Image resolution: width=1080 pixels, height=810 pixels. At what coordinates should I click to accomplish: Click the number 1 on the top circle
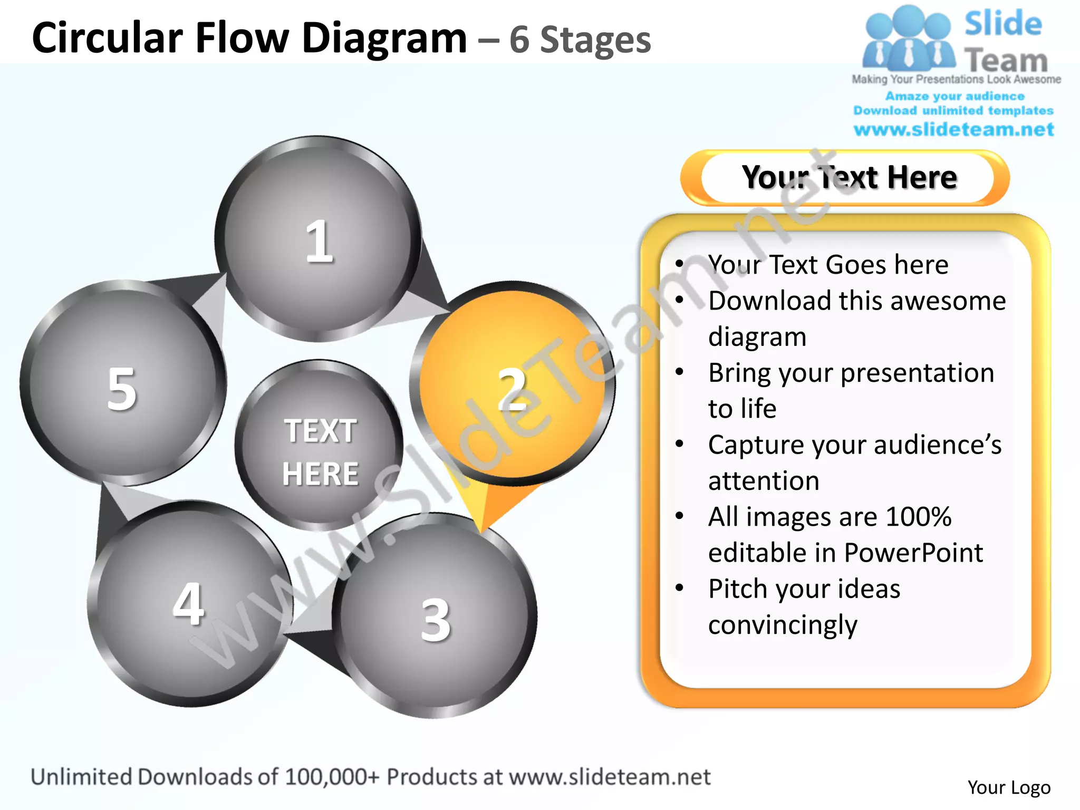(319, 242)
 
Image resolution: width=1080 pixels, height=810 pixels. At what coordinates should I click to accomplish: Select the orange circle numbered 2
(512, 384)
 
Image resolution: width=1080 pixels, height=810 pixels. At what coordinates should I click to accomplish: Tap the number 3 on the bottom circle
(436, 620)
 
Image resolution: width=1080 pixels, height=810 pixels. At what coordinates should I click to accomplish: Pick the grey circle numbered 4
(189, 604)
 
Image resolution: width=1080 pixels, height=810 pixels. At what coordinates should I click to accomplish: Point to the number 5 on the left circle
(122, 389)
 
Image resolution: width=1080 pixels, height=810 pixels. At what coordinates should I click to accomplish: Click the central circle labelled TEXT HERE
(320, 446)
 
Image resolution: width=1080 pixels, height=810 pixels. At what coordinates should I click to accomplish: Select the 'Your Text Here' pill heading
(848, 178)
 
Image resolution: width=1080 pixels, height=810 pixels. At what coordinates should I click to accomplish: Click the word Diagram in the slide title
(384, 38)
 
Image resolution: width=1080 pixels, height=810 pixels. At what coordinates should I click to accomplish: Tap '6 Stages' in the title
(580, 40)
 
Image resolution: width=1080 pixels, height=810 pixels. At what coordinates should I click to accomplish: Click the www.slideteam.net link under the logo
(953, 129)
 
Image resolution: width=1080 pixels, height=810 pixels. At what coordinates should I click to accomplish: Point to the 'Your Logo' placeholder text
(1009, 787)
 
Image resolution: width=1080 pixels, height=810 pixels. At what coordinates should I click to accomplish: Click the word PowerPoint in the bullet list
(913, 553)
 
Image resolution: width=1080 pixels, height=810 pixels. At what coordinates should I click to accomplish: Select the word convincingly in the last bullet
(783, 625)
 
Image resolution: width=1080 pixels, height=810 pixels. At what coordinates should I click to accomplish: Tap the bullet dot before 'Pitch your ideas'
(680, 587)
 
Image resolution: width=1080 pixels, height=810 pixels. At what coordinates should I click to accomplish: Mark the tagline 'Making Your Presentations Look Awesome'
(956, 80)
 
